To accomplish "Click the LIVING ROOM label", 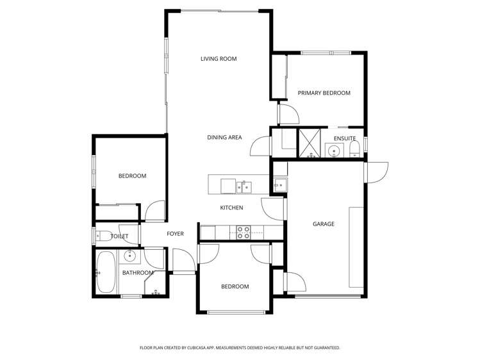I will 219,59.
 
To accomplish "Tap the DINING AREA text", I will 224,137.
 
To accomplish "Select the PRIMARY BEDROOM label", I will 324,93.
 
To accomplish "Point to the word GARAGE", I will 323,224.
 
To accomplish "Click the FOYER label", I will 175,234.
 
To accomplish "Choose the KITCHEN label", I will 231,208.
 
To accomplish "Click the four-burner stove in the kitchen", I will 244,233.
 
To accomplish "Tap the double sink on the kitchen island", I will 243,186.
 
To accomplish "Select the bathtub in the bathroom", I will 105,272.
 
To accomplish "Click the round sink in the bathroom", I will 129,257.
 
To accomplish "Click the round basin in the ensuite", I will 333,151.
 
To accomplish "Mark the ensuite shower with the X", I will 311,143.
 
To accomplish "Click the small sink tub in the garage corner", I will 279,185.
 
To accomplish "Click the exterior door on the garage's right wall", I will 377,172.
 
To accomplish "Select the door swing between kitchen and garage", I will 272,209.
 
